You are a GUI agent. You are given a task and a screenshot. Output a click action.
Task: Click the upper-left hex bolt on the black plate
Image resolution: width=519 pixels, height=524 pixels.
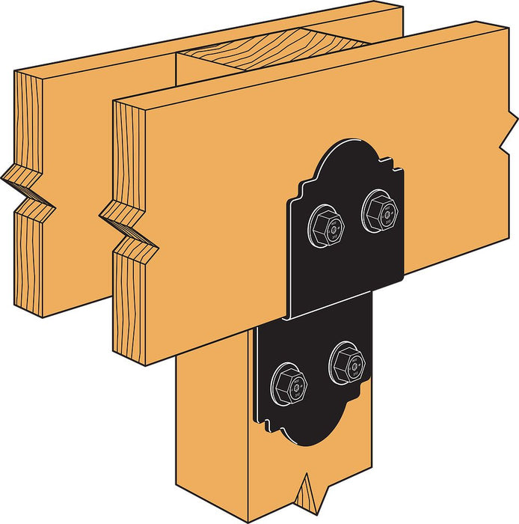327,222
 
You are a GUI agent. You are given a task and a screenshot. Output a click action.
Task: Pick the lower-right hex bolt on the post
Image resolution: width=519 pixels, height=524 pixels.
346,363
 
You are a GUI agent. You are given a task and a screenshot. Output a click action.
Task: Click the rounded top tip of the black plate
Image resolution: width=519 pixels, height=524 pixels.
346,143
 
